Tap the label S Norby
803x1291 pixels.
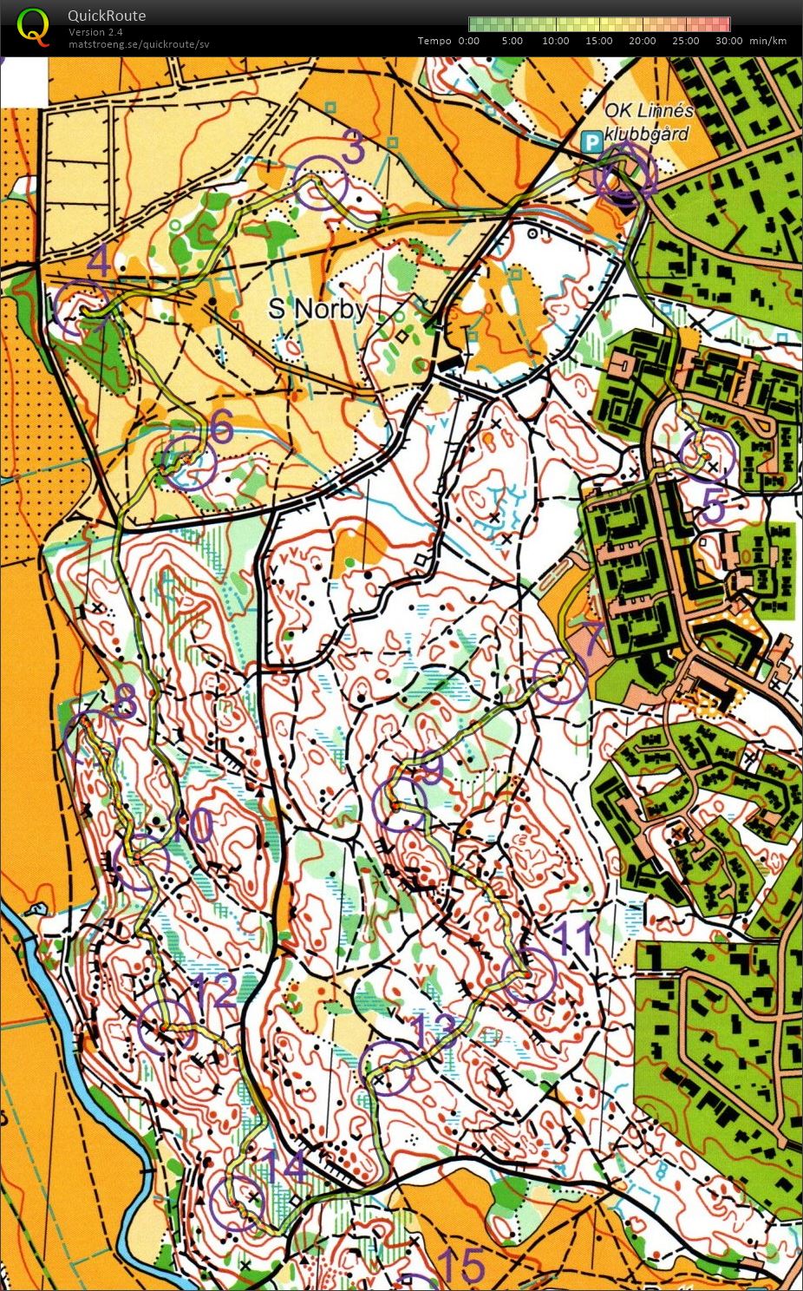[x=317, y=309]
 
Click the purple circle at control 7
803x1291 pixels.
[x=560, y=677]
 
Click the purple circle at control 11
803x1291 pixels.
[x=528, y=975]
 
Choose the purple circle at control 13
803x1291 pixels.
[x=387, y=1067]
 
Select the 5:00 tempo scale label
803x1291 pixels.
[x=512, y=41]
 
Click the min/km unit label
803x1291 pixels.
[x=767, y=41]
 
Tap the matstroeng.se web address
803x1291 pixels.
[x=139, y=44]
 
